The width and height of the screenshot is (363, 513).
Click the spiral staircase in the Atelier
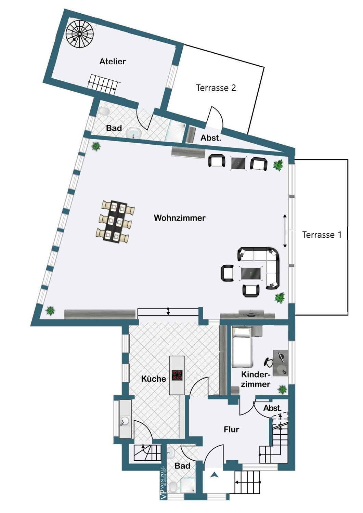pyautogui.click(x=79, y=34)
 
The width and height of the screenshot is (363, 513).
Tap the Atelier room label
pyautogui.click(x=113, y=61)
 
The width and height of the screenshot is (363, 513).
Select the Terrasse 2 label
pyautogui.click(x=216, y=88)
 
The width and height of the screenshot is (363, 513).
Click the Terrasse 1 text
pyautogui.click(x=322, y=235)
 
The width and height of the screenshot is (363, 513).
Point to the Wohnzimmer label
pyautogui.click(x=179, y=218)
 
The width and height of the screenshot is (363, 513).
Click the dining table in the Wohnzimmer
pyautogui.click(x=115, y=221)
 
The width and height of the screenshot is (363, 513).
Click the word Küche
pyautogui.click(x=153, y=379)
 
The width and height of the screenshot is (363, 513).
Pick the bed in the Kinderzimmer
pyautogui.click(x=243, y=346)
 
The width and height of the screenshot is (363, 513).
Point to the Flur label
pyautogui.click(x=232, y=430)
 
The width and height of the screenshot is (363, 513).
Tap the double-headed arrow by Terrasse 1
pyautogui.click(x=285, y=231)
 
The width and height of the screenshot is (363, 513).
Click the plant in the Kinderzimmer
pyautogui.click(x=282, y=389)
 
